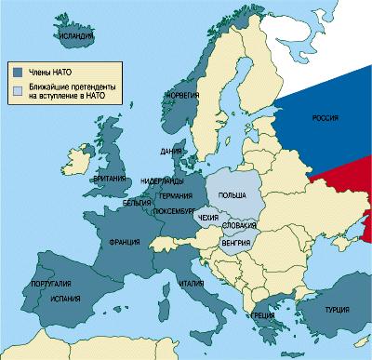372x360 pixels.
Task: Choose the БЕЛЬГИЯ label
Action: coord(137,201)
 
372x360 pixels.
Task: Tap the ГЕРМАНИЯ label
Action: coord(175,197)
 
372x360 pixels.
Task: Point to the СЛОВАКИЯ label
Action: coord(239,226)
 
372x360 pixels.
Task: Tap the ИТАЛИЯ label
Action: coord(192,284)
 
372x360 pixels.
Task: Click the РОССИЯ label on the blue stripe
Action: coord(324,119)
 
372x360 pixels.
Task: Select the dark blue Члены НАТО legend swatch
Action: coord(17,70)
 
